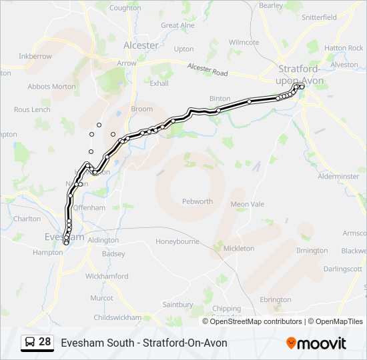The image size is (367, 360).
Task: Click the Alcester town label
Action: tap(141, 45)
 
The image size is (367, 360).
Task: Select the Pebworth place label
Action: tap(198, 201)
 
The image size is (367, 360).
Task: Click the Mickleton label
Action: tap(239, 248)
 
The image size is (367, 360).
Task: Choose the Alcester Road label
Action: tap(207, 69)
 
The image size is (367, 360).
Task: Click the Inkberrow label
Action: tap(35, 57)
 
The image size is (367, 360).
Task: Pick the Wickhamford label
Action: tap(107, 275)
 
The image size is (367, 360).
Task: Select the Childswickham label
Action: tap(118, 317)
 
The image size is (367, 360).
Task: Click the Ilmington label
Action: tap(312, 251)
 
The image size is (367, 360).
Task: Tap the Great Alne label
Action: tap(178, 25)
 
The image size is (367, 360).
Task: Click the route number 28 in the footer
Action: tap(45, 342)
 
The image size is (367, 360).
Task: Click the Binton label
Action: tap(220, 98)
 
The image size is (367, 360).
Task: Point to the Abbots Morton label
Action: tap(51, 87)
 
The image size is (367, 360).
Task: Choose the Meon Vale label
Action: tap(248, 204)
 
